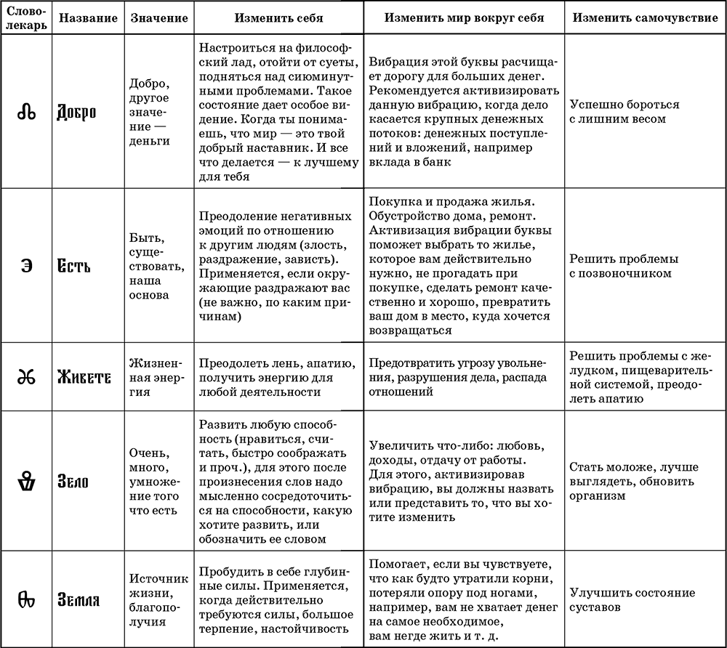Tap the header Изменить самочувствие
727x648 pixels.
645,17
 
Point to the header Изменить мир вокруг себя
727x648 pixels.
464,17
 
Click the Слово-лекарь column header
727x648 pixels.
26,17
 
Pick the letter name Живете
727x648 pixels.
84,378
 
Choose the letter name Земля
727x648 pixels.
79,600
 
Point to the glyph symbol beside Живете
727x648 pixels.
26,378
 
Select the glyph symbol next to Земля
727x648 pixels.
26,599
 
